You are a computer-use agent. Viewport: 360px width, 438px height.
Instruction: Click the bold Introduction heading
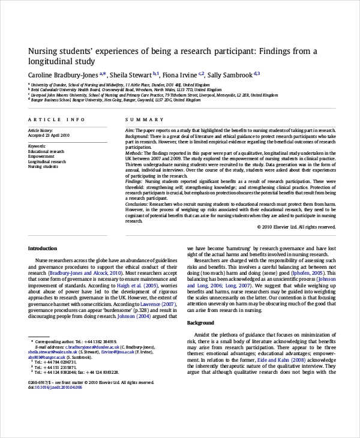pyautogui.click(x=43, y=248)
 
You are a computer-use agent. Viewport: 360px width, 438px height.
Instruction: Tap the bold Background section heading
pyautogui.click(x=200, y=323)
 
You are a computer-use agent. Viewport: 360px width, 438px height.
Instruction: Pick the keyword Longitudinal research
pyautogui.click(x=47, y=161)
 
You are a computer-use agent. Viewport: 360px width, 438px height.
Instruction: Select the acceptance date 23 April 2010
pyautogui.click(x=56, y=135)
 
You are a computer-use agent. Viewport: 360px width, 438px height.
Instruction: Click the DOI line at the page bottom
pyautogui.click(x=55, y=388)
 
